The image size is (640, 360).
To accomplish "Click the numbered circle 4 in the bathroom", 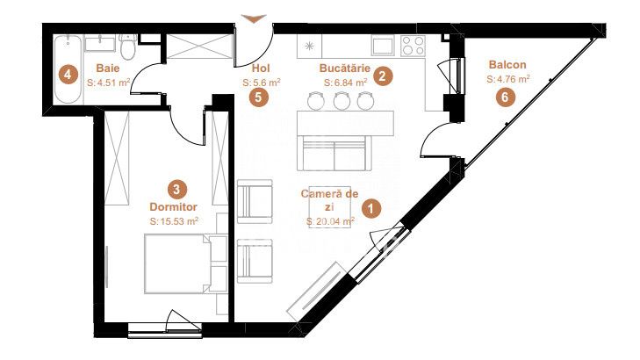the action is tap(68, 75).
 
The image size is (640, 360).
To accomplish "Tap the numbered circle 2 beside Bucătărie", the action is tap(383, 76).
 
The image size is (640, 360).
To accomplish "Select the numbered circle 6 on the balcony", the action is tap(505, 97).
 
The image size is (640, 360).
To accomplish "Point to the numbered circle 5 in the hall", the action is tap(259, 97).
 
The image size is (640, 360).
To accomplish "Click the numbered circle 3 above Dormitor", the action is tap(176, 190).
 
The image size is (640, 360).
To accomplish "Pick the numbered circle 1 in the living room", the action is tap(370, 209).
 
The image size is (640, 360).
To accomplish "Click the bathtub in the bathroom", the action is tap(68, 68).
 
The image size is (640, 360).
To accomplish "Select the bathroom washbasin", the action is tap(100, 43).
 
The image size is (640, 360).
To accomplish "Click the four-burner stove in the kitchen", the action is tap(413, 46).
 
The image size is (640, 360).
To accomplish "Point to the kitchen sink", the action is tap(383, 46).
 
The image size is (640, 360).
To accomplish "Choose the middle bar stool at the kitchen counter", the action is tap(342, 100).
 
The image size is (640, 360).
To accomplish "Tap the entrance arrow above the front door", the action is tap(254, 18).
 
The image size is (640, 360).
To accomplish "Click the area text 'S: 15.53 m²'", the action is tap(174, 221).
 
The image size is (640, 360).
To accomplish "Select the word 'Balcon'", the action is tap(507, 64).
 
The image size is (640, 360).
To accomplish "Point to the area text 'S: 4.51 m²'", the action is tap(108, 83).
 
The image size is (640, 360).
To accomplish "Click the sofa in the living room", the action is tap(334, 153).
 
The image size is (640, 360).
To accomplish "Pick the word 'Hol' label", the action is tap(262, 68).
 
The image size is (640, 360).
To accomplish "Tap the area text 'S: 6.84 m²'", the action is tap(345, 83).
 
